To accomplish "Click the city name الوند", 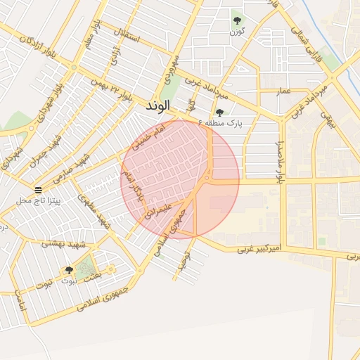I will coord(158,106).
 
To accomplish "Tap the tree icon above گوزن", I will coord(237,20).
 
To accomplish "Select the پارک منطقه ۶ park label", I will coord(220,123).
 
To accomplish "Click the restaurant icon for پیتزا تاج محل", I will coord(38,190).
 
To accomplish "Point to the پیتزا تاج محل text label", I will coord(39,201).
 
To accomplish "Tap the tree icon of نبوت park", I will coord(69,270).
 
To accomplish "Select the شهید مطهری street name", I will coord(96,212).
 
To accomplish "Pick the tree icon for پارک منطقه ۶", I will coord(220,112).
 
